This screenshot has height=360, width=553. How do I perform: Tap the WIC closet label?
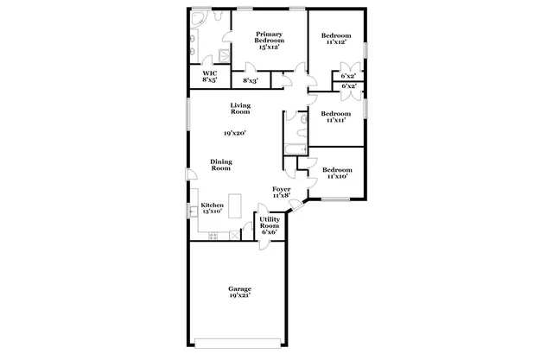[x=210, y=77]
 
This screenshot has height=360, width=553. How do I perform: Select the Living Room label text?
[x=240, y=109]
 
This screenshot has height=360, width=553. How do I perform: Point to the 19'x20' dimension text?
[x=236, y=134]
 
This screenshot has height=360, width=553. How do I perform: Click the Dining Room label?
[x=220, y=164]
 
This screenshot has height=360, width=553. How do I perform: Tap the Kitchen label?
[x=212, y=208]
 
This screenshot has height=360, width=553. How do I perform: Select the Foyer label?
[x=281, y=192]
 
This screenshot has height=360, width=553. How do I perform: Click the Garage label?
[x=239, y=293]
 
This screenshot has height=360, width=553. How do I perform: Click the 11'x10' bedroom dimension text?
[x=336, y=174]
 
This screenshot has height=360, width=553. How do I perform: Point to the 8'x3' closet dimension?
[x=251, y=80]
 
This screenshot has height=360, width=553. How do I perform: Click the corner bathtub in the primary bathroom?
[x=197, y=19]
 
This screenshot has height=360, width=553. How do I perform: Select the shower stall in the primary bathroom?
[x=224, y=54]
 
